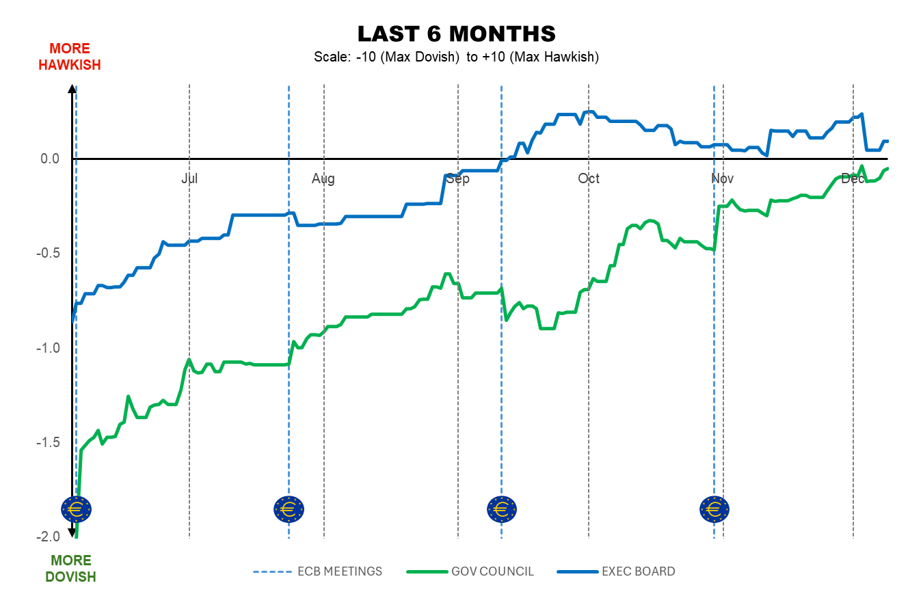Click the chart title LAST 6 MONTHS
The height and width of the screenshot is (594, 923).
(456, 33)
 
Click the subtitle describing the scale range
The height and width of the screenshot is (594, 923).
(456, 57)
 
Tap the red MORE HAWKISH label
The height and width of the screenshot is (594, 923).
(70, 57)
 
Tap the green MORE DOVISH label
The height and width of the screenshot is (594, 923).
(70, 569)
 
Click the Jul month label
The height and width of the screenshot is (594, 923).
(189, 178)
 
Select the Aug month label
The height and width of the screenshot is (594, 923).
(323, 178)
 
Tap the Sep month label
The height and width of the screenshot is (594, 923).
(457, 178)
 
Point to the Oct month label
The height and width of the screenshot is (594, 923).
(589, 178)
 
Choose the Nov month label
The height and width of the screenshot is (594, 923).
(723, 178)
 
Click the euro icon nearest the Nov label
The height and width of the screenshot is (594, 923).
(714, 509)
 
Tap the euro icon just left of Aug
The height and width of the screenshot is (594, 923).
(289, 509)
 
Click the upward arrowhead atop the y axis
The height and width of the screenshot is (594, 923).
(72, 87)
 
